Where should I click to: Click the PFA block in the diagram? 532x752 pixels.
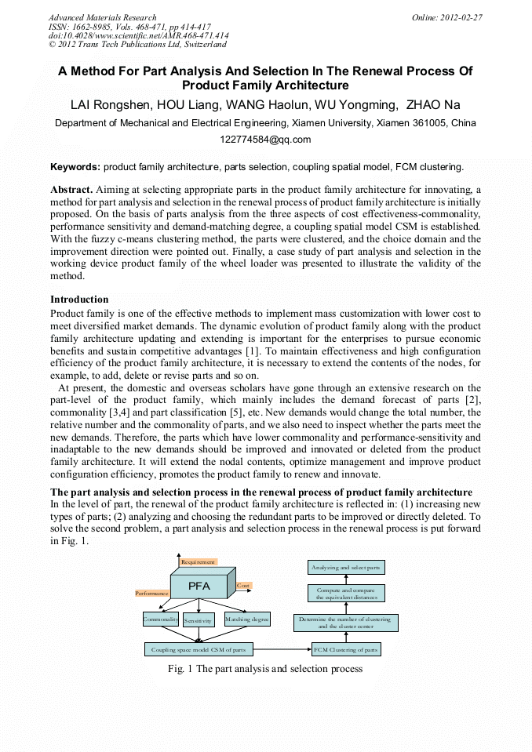pyautogui.click(x=199, y=586)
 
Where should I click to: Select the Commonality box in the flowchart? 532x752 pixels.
pyautogui.click(x=161, y=619)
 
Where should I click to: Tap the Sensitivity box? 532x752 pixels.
pyautogui.click(x=199, y=619)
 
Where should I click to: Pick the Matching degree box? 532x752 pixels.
pyautogui.click(x=247, y=619)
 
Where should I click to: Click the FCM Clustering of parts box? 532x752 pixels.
pyautogui.click(x=346, y=649)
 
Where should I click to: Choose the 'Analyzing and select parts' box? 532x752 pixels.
pyautogui.click(x=346, y=567)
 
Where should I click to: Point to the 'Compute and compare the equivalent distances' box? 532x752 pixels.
pyautogui.click(x=346, y=593)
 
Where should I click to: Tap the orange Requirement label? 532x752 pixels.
pyautogui.click(x=198, y=562)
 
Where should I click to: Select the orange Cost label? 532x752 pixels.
pyautogui.click(x=244, y=586)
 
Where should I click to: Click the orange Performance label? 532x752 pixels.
pyautogui.click(x=152, y=594)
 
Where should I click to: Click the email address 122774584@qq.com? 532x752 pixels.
pyautogui.click(x=265, y=140)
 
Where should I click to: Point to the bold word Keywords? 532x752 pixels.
pyautogui.click(x=75, y=166)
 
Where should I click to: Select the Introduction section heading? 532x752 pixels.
pyautogui.click(x=79, y=299)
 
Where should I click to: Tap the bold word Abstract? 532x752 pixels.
pyautogui.click(x=71, y=190)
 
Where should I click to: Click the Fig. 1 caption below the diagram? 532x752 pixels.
pyautogui.click(x=265, y=669)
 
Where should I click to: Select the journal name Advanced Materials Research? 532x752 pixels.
pyautogui.click(x=102, y=17)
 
